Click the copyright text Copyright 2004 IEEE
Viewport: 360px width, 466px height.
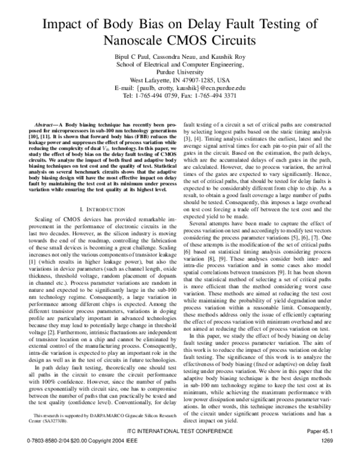coord(112,458)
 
